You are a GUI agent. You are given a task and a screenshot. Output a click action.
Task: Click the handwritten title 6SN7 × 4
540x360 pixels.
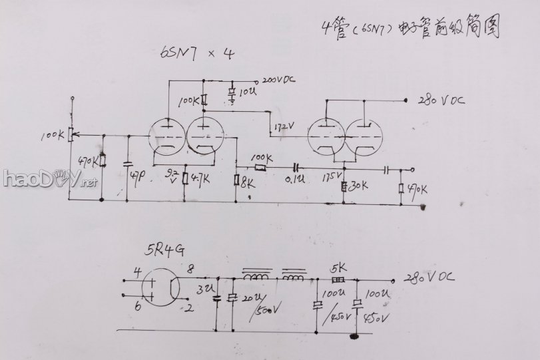(196, 54)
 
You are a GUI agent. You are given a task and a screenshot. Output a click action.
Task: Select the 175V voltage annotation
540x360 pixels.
(331, 178)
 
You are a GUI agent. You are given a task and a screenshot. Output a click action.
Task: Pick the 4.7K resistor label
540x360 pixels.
(200, 178)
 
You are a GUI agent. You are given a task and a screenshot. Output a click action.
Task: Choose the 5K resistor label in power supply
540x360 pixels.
(338, 269)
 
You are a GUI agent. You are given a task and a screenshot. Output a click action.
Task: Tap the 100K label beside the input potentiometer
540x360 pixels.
(53, 135)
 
